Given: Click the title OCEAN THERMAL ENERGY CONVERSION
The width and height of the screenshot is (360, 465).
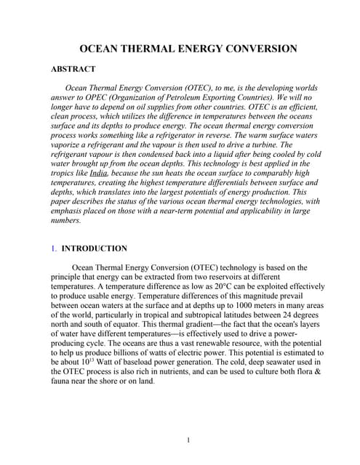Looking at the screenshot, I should pyautogui.click(x=188, y=49).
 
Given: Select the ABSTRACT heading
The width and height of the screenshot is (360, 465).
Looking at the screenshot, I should pyautogui.click(x=73, y=69).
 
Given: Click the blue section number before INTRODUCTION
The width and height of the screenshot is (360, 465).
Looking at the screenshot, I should pyautogui.click(x=53, y=248).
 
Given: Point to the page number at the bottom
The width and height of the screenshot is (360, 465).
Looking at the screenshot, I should pyautogui.click(x=188, y=440).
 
